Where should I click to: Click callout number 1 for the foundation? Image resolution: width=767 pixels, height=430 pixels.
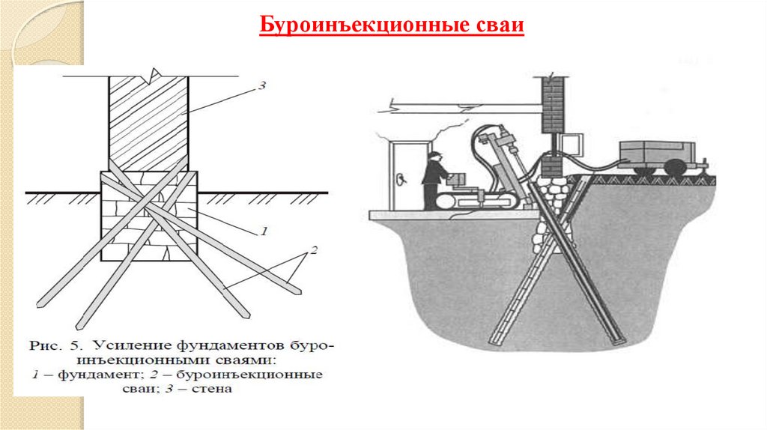tap(263, 231)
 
